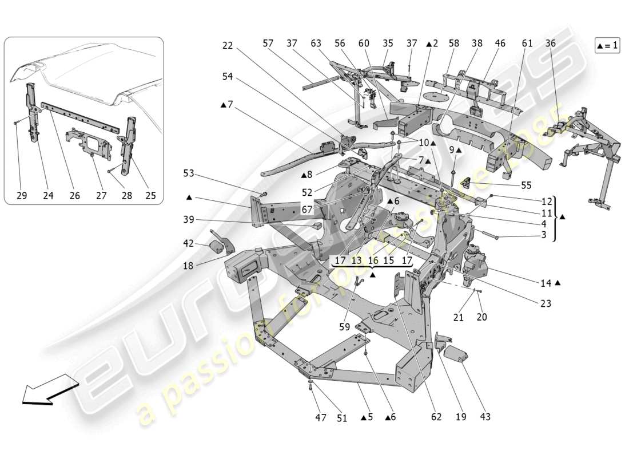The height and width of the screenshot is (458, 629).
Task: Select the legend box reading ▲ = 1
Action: [607, 46]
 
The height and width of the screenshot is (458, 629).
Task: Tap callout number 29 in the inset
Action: [21, 195]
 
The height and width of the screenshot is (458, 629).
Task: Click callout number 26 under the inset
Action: [75, 195]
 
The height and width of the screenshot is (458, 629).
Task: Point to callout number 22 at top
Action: [228, 45]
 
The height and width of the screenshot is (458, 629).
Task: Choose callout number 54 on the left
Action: [228, 76]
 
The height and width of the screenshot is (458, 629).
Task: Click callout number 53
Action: [189, 173]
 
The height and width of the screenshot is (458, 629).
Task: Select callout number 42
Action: [189, 243]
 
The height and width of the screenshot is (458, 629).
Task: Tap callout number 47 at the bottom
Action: [320, 417]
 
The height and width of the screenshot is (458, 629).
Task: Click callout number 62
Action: [436, 417]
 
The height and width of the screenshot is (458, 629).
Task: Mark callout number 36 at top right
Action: [551, 43]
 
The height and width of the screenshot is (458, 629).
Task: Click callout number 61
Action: [527, 43]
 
